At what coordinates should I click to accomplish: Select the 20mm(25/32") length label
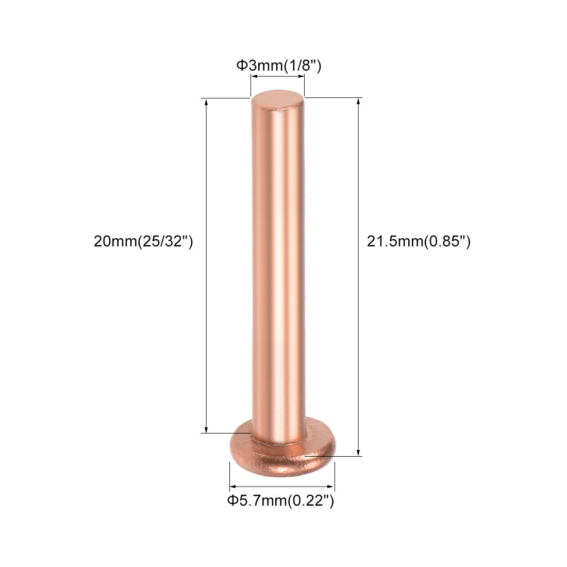(143, 241)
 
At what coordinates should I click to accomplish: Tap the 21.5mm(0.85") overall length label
(419, 241)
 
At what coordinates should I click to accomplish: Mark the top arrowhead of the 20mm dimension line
(207, 102)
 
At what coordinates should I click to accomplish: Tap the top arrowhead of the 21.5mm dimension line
(358, 102)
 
